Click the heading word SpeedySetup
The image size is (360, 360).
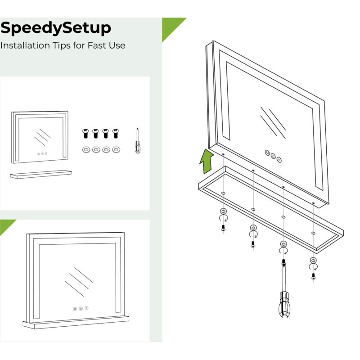[56, 28]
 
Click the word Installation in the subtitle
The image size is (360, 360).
[25, 45]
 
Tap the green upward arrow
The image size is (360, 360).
[207, 161]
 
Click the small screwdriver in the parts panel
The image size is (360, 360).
[138, 141]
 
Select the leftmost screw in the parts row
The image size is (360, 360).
[85, 133]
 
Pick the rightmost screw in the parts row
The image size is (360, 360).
[116, 133]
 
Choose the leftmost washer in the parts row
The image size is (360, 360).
[86, 150]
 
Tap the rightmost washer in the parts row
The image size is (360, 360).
[116, 150]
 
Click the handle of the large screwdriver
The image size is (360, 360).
[284, 305]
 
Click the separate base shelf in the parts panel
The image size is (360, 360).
[41, 174]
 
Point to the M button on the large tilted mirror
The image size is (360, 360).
[267, 153]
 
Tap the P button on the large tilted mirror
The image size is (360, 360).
[279, 160]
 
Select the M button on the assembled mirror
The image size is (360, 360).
[75, 309]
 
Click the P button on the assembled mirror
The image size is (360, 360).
[86, 308]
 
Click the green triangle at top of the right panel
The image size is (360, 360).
[171, 26]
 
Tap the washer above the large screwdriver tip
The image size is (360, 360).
[283, 244]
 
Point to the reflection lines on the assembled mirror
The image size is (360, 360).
[79, 282]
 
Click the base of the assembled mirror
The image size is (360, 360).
[76, 322]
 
